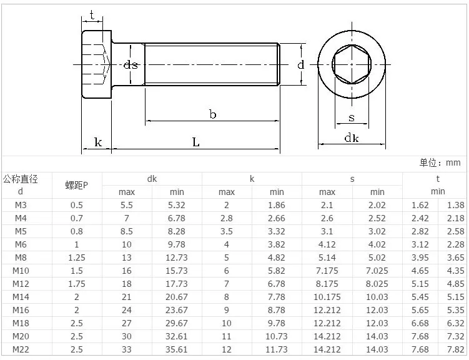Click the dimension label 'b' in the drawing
[x=213, y=114]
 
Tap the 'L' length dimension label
[x=196, y=142]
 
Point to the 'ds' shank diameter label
[x=131, y=64]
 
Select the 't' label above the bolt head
[x=92, y=14]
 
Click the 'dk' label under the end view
[x=352, y=137]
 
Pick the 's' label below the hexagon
[x=352, y=117]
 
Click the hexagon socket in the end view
[x=352, y=64]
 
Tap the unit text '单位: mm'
[x=440, y=162]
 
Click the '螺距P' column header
[x=77, y=185]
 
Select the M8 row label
[x=21, y=257]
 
